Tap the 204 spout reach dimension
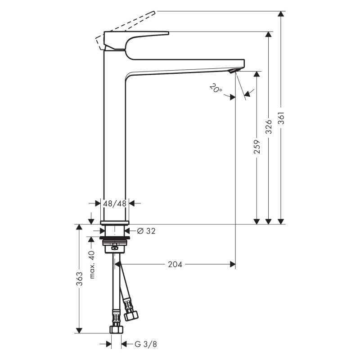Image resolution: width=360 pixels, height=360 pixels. [x=175, y=265]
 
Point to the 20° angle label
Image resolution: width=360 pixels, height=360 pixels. [x=216, y=89]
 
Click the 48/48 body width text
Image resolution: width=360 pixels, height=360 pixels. [x=115, y=203]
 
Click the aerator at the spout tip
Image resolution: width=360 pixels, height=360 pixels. [x=233, y=72]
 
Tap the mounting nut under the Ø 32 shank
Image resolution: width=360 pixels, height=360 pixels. [x=115, y=245]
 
